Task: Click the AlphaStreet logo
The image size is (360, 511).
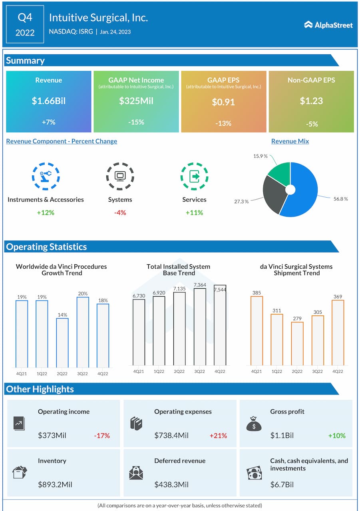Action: pos(328,25)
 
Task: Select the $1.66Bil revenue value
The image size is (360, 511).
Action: pos(48,101)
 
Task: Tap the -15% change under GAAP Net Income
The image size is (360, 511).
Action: pos(136,122)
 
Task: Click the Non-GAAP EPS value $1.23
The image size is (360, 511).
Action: pos(311,101)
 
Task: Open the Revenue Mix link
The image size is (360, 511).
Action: pos(290,141)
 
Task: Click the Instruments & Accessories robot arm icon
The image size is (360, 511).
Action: pos(46,176)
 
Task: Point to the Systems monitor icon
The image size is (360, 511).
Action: pos(120,176)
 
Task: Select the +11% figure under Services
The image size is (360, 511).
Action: pos(194,212)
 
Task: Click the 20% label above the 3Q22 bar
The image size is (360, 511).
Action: pos(83,293)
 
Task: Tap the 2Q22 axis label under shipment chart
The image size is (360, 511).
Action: pos(297,371)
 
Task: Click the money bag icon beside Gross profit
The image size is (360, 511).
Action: pos(254,424)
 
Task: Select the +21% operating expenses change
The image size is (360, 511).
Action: pos(218,436)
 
